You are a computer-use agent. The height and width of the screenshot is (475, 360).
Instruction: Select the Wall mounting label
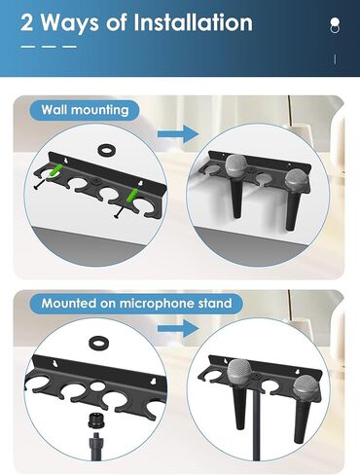pos(84,110)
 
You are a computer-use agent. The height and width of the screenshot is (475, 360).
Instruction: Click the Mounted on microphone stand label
pos(136,304)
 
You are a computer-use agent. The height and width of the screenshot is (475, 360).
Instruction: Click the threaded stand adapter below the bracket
pos(95,432)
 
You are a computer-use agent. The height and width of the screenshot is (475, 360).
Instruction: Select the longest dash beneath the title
pos(29,47)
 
